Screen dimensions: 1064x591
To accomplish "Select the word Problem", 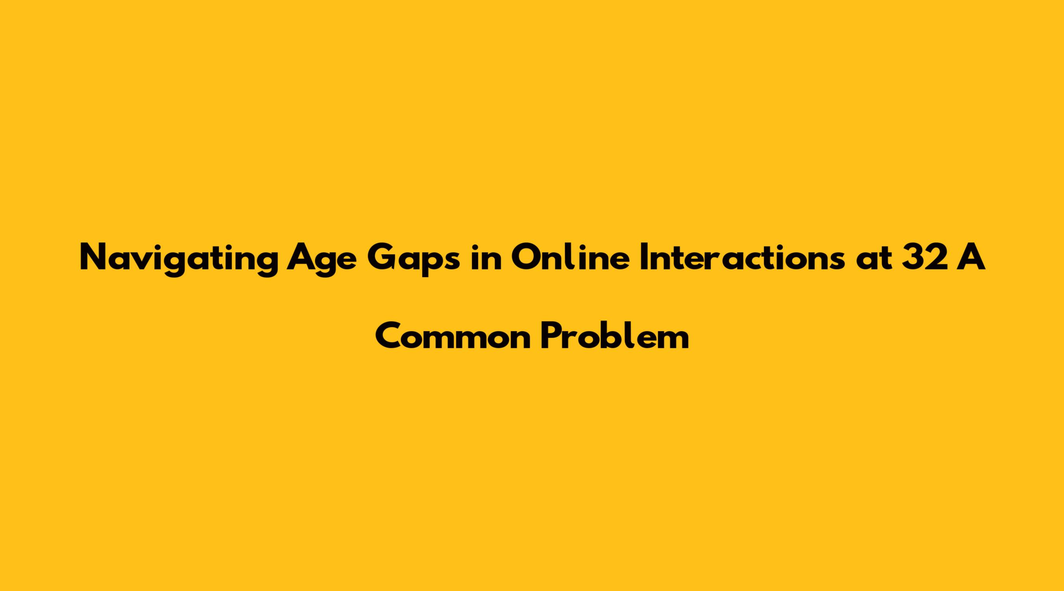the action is click(615, 336).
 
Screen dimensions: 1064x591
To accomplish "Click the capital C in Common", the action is click(389, 336).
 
